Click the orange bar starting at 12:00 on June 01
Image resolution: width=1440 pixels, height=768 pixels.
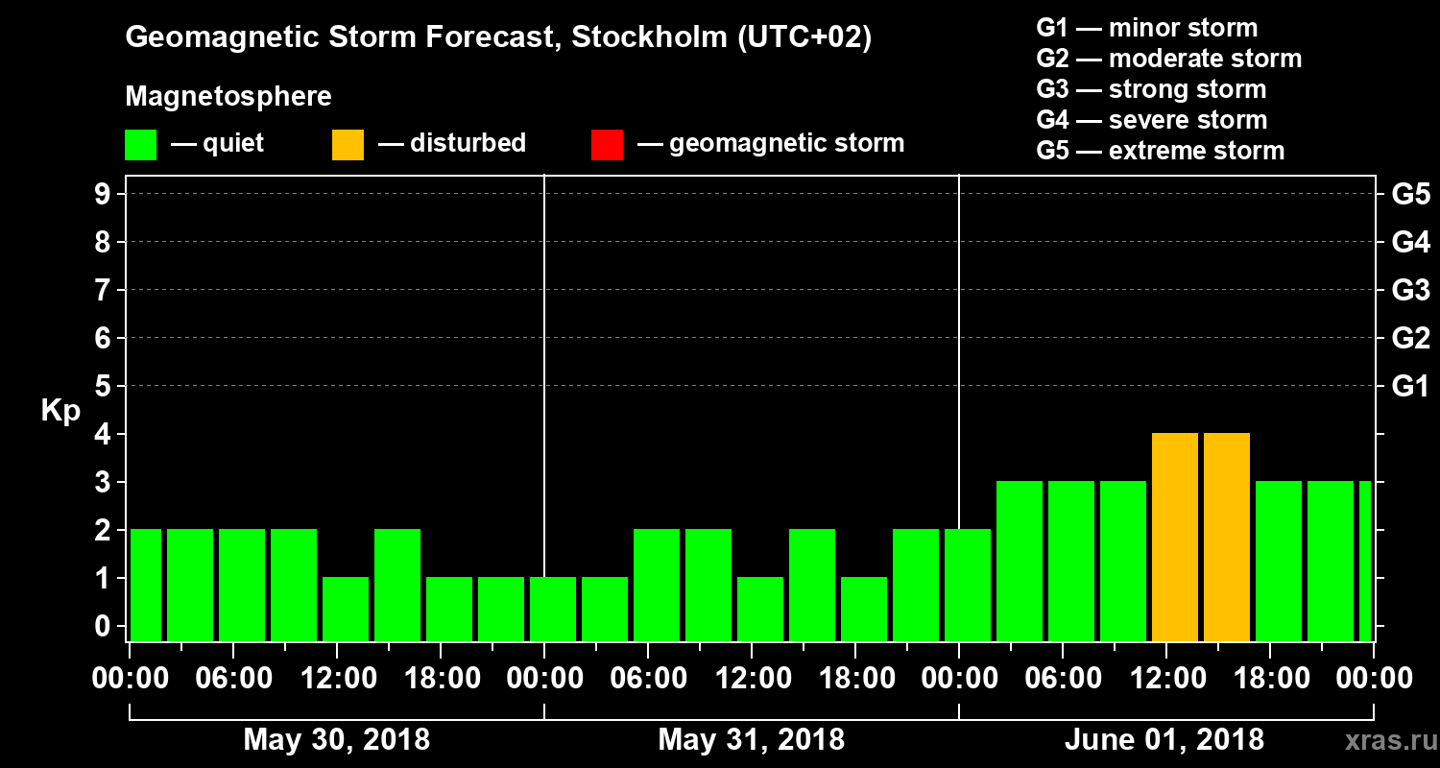point(1175,537)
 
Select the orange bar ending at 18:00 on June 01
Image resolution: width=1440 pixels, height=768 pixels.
point(1227,537)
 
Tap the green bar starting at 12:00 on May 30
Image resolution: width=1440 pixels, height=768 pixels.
point(346,609)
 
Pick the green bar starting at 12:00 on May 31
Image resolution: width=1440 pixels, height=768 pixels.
point(760,609)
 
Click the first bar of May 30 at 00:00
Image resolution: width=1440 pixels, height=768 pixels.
point(146,585)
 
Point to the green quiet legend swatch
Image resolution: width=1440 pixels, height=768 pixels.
point(141,145)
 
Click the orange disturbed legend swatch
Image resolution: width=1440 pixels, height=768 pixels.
point(348,145)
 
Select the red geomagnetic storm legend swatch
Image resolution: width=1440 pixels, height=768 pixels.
point(608,145)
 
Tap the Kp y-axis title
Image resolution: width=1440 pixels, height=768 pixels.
point(60,411)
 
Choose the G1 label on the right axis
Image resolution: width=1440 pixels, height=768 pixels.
point(1410,387)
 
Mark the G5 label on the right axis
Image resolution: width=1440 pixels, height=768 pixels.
point(1410,195)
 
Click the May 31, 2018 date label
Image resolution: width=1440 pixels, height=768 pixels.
point(752,740)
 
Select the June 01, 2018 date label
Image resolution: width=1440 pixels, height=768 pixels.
point(1164,740)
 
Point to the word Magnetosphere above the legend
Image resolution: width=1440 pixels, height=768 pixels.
point(228,97)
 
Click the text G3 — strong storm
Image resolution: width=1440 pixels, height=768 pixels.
point(1151,89)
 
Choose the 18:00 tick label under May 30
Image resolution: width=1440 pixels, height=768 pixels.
point(440,679)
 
